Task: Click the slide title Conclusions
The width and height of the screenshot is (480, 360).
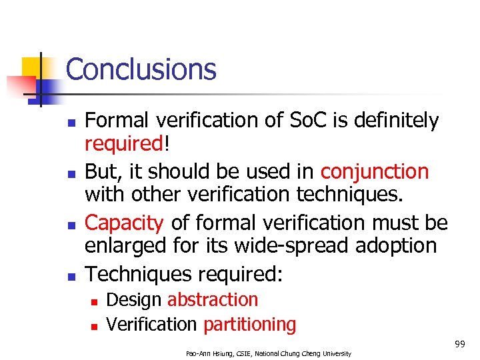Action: coord(141,69)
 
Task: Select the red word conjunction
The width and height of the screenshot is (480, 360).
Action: coord(374,171)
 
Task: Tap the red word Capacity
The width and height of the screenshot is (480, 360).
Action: coord(125,222)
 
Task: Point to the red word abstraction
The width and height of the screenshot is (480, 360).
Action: coord(212,299)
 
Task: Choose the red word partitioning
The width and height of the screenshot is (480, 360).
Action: coord(249,325)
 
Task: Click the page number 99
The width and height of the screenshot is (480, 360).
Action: coord(459,344)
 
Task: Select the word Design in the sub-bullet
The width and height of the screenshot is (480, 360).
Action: coord(134,299)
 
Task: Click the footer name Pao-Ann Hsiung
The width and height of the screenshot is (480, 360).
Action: coord(209,353)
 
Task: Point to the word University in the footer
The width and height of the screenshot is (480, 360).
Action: coord(333,353)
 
